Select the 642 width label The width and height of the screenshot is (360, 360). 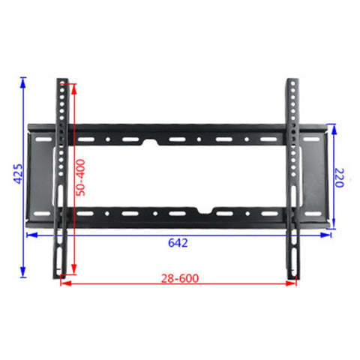178,243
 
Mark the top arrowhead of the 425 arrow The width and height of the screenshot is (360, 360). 25,77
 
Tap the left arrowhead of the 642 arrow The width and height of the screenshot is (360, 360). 29,234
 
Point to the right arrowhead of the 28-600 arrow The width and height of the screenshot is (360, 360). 294,283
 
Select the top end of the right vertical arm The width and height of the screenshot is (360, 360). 291,79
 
